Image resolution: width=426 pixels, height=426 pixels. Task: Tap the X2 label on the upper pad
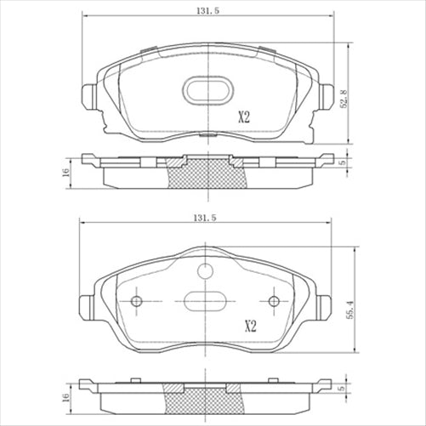[x=245, y=117]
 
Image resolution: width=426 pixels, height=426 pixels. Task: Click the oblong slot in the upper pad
[x=206, y=89]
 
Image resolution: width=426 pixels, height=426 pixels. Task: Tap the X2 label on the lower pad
[x=251, y=326]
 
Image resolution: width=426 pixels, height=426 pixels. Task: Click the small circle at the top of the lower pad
[x=205, y=271]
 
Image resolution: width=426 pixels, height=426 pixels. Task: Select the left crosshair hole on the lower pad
[x=137, y=302]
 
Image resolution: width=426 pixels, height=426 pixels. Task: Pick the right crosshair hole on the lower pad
[x=274, y=302]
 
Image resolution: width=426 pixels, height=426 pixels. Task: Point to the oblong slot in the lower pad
[x=205, y=303]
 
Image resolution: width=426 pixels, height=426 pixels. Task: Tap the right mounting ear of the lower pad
[x=325, y=306]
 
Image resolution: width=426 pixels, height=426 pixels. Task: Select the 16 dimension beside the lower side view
[x=65, y=396]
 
